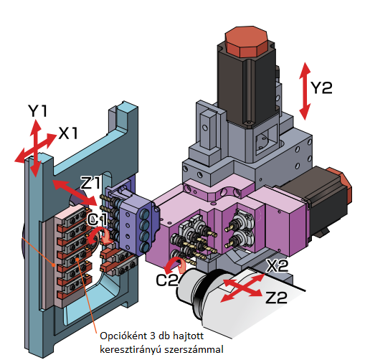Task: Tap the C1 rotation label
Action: [98, 217]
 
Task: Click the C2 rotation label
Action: [166, 280]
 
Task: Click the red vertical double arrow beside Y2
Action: [305, 90]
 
